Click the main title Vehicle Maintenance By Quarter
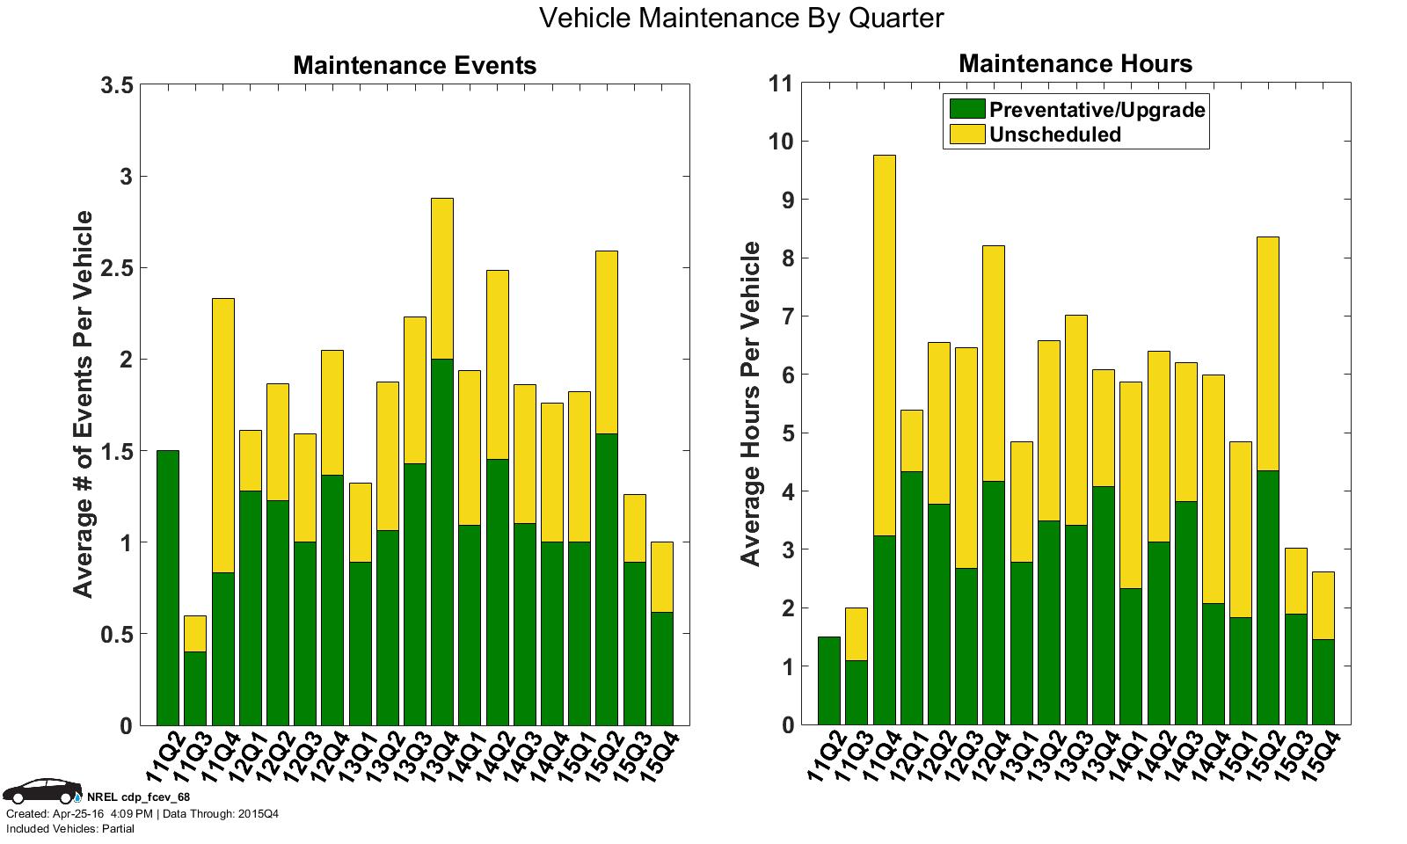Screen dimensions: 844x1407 [740, 18]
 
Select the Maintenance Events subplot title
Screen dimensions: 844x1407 [414, 65]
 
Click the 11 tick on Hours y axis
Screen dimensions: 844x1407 [780, 84]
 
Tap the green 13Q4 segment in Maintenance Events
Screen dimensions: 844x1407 [442, 542]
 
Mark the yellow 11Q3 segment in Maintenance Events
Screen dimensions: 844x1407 [195, 633]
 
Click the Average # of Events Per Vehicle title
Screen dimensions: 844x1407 [84, 404]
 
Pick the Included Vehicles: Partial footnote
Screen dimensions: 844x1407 [70, 829]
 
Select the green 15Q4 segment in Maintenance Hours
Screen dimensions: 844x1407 [1323, 681]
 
